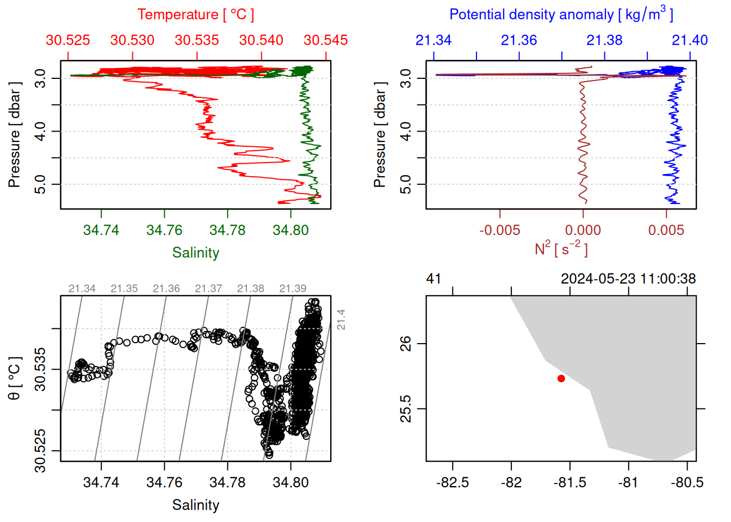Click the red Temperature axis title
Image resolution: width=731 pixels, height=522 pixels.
[195, 15]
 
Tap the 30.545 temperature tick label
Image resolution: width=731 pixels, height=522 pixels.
[325, 40]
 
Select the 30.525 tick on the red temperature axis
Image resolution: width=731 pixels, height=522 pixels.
[68, 40]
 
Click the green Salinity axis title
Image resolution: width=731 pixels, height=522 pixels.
[195, 253]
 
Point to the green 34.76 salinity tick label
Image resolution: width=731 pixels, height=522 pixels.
[164, 231]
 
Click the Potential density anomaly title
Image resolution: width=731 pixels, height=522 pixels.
[561, 15]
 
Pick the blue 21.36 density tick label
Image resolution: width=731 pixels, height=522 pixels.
[518, 40]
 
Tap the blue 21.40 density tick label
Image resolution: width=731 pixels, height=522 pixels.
[690, 40]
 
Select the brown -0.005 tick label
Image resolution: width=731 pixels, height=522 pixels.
[499, 231]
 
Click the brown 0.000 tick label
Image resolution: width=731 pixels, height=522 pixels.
[583, 231]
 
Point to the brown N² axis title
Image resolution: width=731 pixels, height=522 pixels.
[561, 249]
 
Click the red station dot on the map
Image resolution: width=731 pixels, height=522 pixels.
[561, 378]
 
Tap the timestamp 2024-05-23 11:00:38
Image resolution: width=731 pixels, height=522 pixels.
[628, 279]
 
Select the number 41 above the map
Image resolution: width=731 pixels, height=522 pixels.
[433, 279]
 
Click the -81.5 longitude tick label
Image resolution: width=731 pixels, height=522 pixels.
[569, 483]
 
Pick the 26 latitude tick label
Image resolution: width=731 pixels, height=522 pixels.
[406, 344]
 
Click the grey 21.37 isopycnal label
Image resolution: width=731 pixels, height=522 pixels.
[208, 289]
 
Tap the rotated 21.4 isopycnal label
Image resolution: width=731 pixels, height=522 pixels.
[341, 319]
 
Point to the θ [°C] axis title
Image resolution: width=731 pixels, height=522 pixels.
[15, 378]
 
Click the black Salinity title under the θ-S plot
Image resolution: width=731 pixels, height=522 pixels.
[195, 505]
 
